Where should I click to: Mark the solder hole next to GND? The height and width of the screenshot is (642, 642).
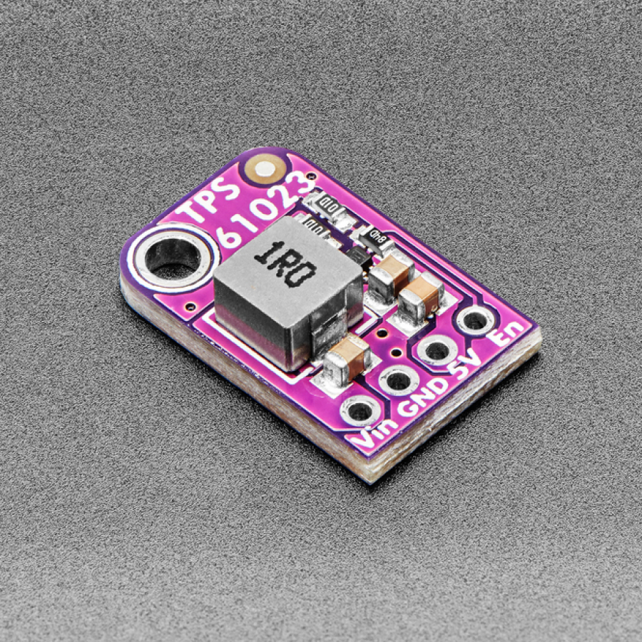click(399, 379)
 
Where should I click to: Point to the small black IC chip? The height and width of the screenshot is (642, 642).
click(357, 258)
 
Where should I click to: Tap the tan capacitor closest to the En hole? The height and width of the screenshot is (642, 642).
click(422, 293)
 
